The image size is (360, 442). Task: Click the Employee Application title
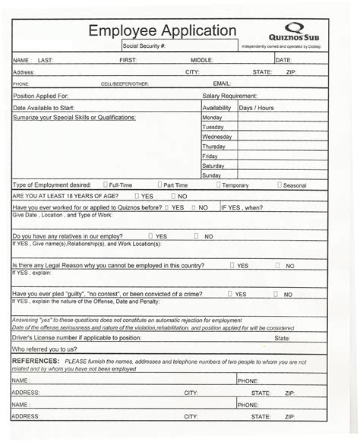(163, 30)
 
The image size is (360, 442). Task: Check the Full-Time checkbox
(106, 185)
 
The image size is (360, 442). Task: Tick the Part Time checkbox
(159, 185)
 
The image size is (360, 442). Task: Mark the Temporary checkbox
(219, 185)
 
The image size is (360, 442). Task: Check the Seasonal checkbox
(279, 185)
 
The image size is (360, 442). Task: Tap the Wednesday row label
(217, 137)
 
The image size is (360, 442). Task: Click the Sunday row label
(212, 175)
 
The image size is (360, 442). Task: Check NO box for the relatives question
(196, 235)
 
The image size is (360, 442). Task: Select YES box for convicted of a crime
(229, 293)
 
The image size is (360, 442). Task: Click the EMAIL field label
(222, 84)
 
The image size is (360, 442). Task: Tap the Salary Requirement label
(229, 96)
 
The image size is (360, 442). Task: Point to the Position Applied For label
(42, 96)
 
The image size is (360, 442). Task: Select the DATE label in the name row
(283, 59)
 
